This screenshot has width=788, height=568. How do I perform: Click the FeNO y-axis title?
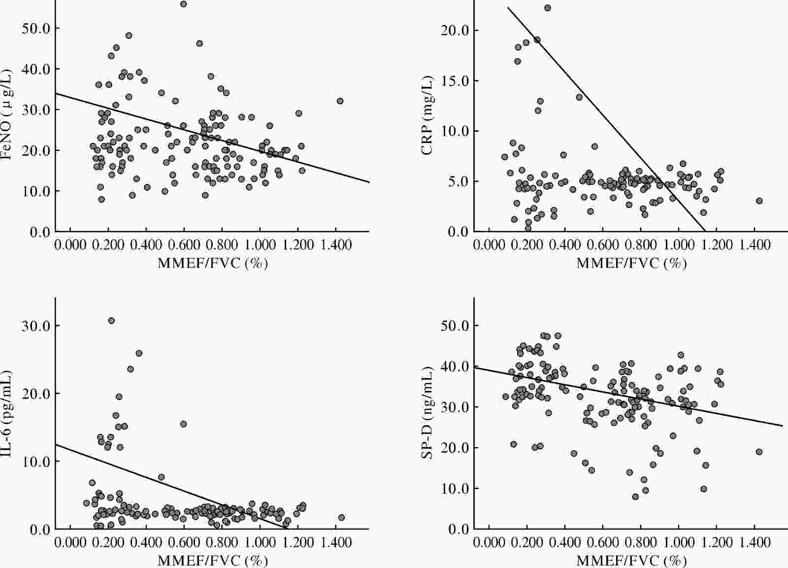(7, 115)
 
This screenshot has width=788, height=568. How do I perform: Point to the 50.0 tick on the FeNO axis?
(36, 28)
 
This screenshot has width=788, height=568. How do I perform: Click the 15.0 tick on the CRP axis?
(457, 81)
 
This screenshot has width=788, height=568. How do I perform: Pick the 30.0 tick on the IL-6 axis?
(36, 326)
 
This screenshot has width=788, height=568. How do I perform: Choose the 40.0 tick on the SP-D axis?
(457, 366)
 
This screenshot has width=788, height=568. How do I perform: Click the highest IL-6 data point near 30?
(111, 320)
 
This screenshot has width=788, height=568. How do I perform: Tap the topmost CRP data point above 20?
(547, 8)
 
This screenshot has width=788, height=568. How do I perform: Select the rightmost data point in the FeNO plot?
(340, 101)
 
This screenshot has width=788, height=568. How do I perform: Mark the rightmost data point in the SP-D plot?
(759, 452)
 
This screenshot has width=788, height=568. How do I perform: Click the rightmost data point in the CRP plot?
(759, 201)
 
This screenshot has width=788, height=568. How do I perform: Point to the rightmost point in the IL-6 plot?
(341, 517)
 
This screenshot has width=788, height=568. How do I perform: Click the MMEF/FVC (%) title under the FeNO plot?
(213, 263)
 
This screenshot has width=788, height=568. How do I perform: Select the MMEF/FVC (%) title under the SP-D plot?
(631, 561)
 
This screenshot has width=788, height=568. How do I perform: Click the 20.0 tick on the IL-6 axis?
(36, 393)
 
